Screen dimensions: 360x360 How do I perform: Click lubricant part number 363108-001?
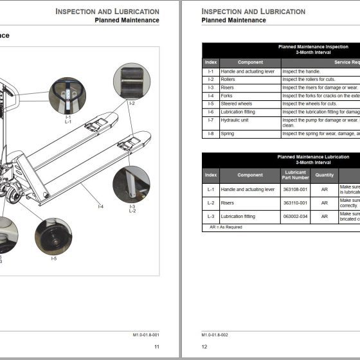(296, 190)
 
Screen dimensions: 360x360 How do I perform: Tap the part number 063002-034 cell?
(296, 216)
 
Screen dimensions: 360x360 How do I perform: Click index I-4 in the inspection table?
(211, 96)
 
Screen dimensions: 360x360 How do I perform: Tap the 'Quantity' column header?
(325, 175)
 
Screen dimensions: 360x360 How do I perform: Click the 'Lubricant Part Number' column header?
(296, 175)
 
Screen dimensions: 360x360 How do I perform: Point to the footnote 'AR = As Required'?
(226, 227)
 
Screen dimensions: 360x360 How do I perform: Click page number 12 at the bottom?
(204, 346)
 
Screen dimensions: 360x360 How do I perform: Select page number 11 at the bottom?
(156, 346)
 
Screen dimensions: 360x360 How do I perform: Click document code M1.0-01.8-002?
(215, 335)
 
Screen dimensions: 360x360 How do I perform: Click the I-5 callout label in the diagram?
(53, 258)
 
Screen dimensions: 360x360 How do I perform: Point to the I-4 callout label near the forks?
(100, 206)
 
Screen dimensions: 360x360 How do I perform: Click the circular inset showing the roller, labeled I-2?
(131, 82)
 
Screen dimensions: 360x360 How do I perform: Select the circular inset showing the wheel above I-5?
(53, 237)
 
